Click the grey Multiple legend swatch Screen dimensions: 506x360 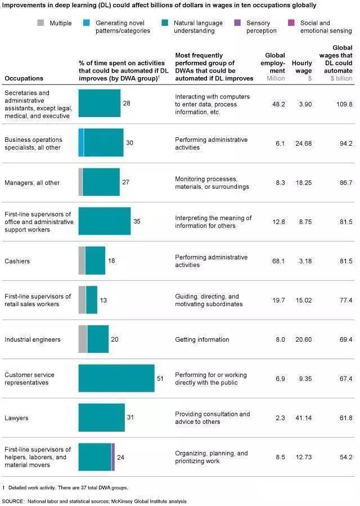click(41, 23)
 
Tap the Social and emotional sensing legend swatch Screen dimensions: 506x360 click(290, 23)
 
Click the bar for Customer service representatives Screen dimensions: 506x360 click(116, 378)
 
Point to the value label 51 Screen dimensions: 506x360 click(160, 379)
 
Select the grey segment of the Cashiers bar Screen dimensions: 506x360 click(82, 261)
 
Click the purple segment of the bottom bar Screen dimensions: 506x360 click(113, 456)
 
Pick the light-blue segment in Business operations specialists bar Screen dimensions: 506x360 click(82, 142)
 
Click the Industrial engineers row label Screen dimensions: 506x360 click(32, 339)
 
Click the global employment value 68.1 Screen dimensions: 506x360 click(277, 261)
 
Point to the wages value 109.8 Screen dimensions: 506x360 click(343, 104)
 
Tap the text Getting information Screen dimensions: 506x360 click(202, 339)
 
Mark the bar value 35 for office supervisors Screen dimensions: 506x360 click(137, 221)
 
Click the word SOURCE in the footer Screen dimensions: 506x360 click(13, 500)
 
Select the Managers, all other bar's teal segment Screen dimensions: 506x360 click(101, 182)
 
